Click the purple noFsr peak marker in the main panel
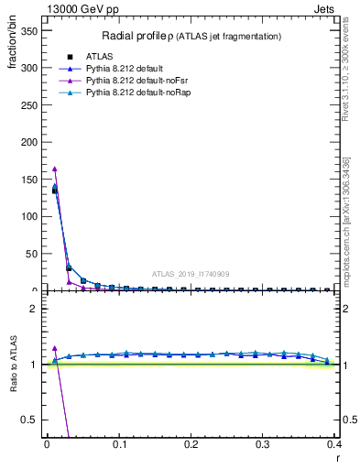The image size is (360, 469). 55,169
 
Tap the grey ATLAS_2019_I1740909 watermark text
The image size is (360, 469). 190,274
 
